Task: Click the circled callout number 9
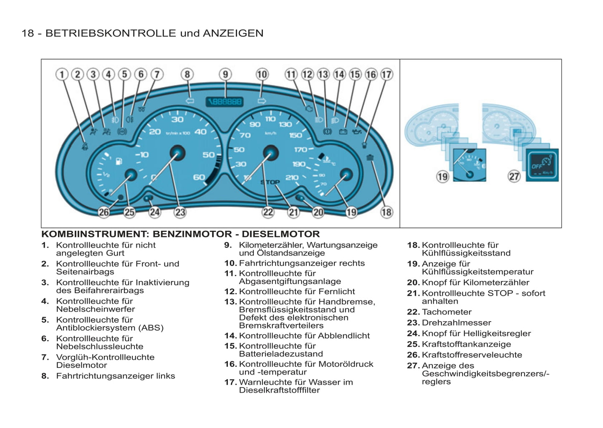[x=225, y=75]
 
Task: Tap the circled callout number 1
[x=62, y=75]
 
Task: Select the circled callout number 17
[x=387, y=75]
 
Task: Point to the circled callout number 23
[x=180, y=212]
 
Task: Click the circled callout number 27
[x=514, y=176]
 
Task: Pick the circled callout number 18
[x=386, y=212]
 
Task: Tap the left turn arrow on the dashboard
[x=189, y=101]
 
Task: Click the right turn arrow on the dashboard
[x=262, y=101]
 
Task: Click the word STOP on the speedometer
[x=270, y=182]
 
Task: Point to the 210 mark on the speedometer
[x=292, y=178]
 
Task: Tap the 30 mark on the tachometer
[x=177, y=119]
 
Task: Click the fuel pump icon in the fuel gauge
[x=119, y=161]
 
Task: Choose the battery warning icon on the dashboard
[x=343, y=132]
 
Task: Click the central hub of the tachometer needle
[x=178, y=153]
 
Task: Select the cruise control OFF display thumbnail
[x=542, y=165]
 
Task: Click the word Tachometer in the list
[x=447, y=312]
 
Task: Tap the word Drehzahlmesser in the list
[x=456, y=323]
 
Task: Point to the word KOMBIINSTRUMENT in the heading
[x=94, y=234]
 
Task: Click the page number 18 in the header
[x=28, y=33]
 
